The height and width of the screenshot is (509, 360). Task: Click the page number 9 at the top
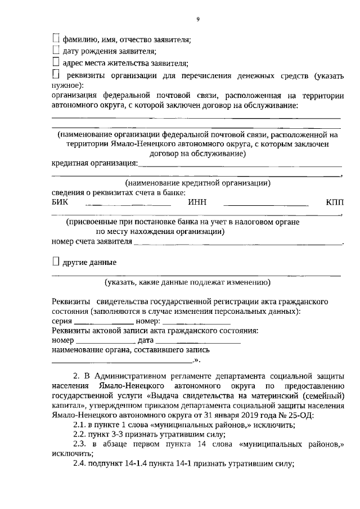(x=197, y=20)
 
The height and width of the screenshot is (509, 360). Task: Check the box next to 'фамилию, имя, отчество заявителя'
(x=55, y=39)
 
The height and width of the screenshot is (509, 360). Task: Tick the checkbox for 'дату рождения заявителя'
(x=55, y=51)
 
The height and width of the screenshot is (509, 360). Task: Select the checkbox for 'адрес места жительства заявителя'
(x=55, y=62)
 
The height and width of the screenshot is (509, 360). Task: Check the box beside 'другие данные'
(x=55, y=262)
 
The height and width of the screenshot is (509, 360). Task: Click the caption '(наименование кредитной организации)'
(x=197, y=183)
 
